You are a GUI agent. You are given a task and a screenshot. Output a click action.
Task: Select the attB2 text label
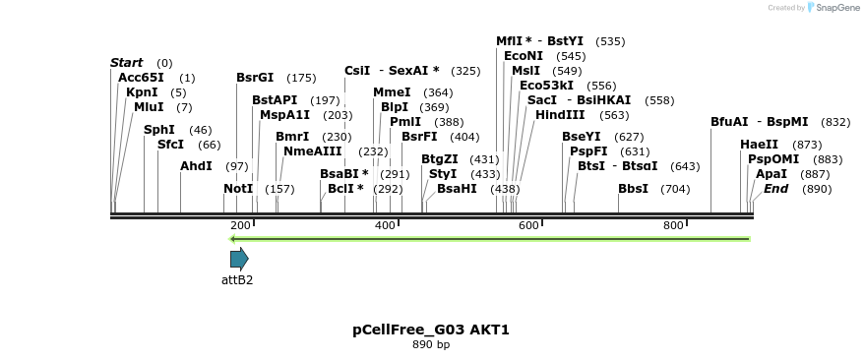point(237,280)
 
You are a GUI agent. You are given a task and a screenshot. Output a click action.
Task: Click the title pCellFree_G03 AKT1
point(431,330)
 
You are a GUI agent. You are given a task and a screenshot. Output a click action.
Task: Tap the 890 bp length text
point(431,344)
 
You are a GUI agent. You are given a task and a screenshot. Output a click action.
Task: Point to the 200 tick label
point(240,226)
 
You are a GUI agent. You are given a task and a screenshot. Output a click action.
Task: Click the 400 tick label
point(385,226)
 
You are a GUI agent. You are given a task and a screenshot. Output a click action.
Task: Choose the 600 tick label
point(529,226)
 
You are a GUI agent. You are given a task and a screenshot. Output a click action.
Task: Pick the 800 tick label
point(673,226)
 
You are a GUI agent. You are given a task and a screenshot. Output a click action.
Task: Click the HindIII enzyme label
point(560,114)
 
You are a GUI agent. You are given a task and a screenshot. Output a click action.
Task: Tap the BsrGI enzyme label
point(255,77)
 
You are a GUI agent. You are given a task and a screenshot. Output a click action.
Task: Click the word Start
point(126,63)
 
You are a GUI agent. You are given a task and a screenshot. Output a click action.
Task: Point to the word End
point(776,188)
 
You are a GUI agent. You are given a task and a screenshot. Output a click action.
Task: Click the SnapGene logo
point(832,8)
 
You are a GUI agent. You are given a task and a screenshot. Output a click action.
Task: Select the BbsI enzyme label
point(633,188)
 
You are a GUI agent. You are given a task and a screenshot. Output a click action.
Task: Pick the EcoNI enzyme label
point(523,56)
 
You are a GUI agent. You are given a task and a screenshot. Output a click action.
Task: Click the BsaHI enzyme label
point(457,188)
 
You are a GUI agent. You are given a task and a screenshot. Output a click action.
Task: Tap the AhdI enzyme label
point(196,165)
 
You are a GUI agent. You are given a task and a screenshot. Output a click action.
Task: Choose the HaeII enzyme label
point(759,144)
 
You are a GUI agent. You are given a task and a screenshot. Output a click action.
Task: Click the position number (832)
point(835,122)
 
